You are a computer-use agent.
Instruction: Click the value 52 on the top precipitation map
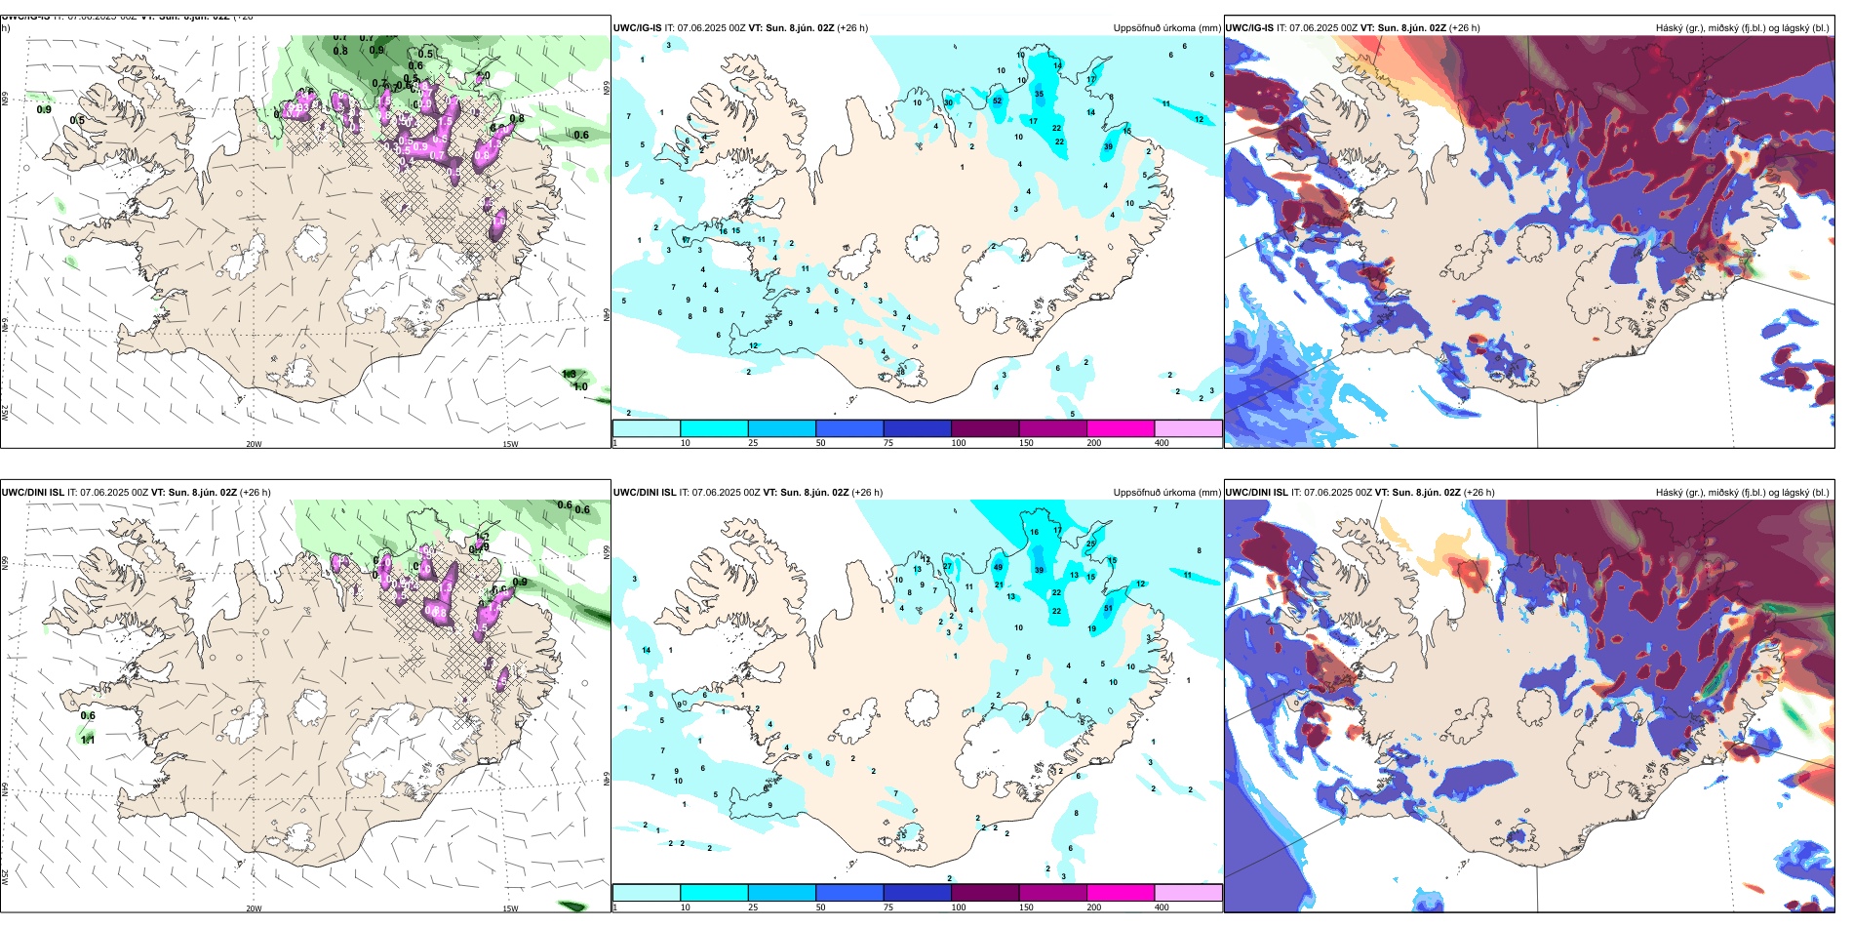tap(997, 101)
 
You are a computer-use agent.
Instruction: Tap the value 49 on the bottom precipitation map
tap(998, 567)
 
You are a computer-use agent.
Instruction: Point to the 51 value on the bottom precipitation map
tap(1108, 608)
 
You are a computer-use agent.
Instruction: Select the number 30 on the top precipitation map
tap(948, 102)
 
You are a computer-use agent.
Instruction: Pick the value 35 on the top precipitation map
tap(1039, 95)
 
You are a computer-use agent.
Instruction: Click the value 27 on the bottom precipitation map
tap(947, 566)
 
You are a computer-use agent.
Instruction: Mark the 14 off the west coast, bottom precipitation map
tap(646, 650)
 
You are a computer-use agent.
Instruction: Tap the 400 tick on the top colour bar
tap(1162, 443)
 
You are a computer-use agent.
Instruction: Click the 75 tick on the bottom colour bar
tap(888, 907)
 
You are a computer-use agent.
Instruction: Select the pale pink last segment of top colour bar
tap(1188, 428)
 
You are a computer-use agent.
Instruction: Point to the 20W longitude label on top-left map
tap(254, 444)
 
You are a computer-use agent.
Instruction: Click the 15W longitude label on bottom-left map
tap(510, 908)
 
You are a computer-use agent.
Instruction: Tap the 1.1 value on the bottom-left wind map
tap(88, 740)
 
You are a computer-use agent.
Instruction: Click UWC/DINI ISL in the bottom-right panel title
tap(1256, 492)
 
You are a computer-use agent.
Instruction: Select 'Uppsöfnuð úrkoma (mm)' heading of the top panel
tap(1166, 28)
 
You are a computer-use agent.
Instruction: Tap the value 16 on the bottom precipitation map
tap(1034, 532)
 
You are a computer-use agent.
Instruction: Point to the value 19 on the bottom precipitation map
tap(1091, 628)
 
